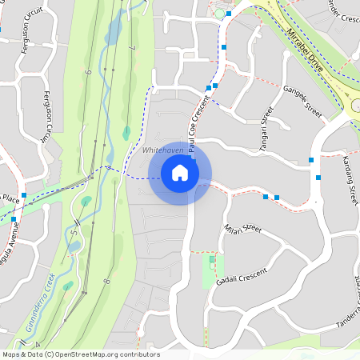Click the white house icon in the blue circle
pos(180,173)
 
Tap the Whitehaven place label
pos(162,150)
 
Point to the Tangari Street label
pos(266,126)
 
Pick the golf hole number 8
pos(106,282)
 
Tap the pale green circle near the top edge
pos(218,14)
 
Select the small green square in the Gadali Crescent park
pos(212,258)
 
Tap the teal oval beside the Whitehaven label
pos(126,132)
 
